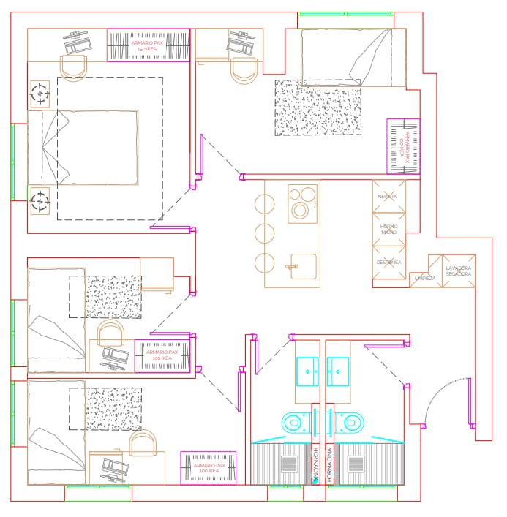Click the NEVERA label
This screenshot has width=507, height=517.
pyautogui.click(x=387, y=197)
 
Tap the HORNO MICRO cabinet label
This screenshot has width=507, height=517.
pyautogui.click(x=388, y=229)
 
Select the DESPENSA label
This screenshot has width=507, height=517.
pyautogui.click(x=388, y=262)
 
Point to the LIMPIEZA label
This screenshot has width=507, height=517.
pyautogui.click(x=425, y=279)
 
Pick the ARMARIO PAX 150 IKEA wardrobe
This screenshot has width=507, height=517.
pyautogui.click(x=148, y=45)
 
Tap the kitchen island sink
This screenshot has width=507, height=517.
pyautogui.click(x=302, y=266)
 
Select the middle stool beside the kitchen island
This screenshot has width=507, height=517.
pyautogui.click(x=264, y=234)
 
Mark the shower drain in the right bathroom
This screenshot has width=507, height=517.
pyautogui.click(x=356, y=464)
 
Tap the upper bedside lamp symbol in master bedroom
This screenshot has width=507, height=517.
pyautogui.click(x=40, y=94)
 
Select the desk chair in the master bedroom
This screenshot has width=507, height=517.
pyautogui.click(x=73, y=68)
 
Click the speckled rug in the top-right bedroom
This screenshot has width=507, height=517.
pyautogui.click(x=318, y=107)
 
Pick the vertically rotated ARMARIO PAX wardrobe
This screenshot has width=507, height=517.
pyautogui.click(x=403, y=146)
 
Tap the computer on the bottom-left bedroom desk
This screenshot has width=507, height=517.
pyautogui.click(x=111, y=468)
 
